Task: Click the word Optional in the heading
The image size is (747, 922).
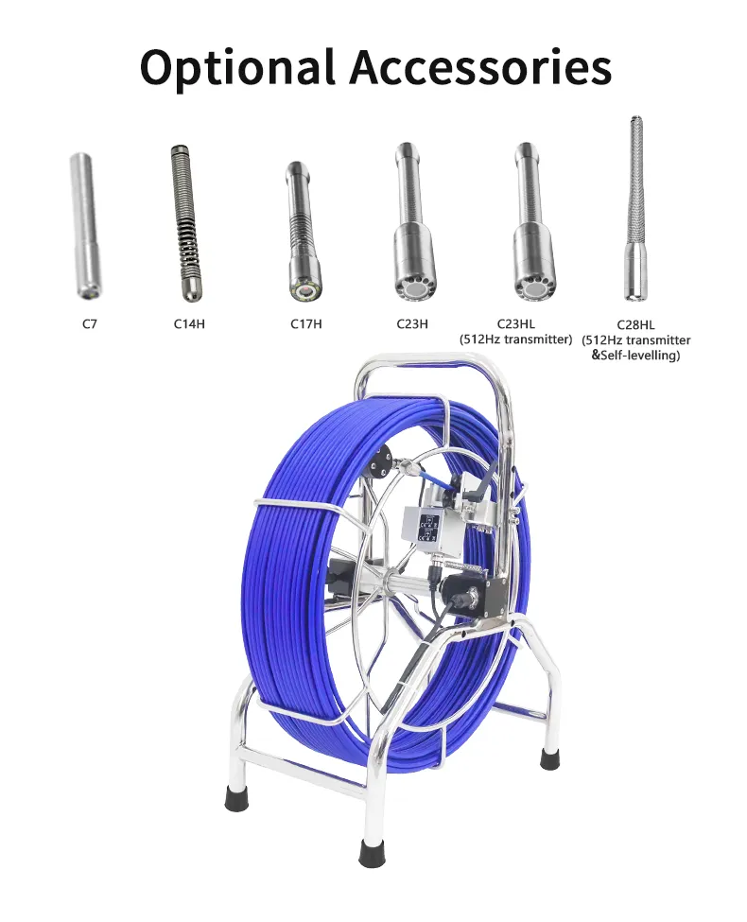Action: point(237,68)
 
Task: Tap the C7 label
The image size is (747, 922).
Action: point(90,323)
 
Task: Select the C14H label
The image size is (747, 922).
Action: point(189,323)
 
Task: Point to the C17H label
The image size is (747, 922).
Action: point(305,323)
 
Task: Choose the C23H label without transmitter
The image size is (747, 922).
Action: point(412,323)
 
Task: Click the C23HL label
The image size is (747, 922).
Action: point(516,323)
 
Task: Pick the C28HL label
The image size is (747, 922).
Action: point(635,324)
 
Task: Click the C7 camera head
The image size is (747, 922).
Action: point(86,226)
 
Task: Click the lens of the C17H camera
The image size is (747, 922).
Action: point(305,291)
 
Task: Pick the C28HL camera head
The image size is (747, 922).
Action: point(634,209)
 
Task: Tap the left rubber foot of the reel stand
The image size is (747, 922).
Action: point(236,798)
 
